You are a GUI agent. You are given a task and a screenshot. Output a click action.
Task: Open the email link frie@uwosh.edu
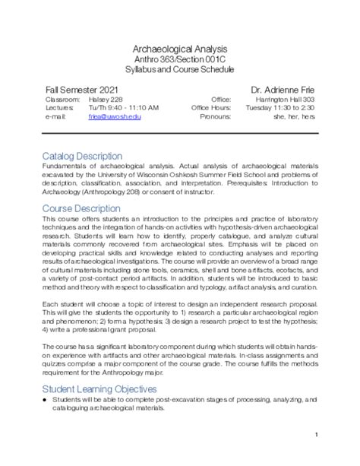(x=115, y=117)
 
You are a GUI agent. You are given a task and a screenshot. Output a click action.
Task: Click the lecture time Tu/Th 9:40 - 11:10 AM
(x=123, y=108)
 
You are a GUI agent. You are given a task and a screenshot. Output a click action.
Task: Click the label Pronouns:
(x=215, y=117)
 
